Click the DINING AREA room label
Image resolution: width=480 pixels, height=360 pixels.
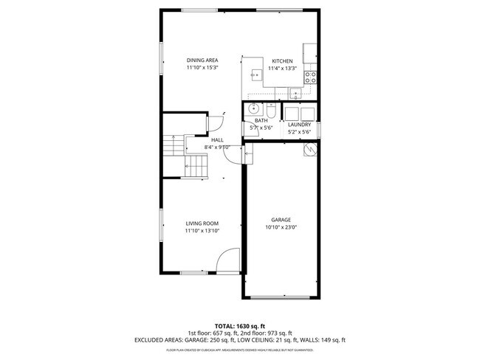click(202, 60)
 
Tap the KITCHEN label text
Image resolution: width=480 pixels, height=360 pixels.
click(282, 61)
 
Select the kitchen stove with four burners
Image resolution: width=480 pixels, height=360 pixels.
click(312, 75)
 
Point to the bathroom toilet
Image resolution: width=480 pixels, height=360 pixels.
click(270, 111)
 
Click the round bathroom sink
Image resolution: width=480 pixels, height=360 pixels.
click(253, 111)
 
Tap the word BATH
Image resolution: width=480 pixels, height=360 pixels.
click(261, 120)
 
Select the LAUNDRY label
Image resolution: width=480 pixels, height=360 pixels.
click(299, 125)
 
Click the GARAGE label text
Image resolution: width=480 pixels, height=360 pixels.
click(281, 220)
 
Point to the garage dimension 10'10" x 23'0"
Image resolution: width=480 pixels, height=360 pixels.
click(281, 227)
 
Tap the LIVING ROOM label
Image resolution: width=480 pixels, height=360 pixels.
click(202, 224)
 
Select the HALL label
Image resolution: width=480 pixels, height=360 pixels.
click(217, 139)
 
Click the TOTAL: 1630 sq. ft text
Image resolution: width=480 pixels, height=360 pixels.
click(239, 325)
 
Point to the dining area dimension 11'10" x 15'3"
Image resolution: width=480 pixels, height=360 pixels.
click(202, 68)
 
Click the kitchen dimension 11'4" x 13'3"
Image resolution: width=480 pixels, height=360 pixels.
click(282, 69)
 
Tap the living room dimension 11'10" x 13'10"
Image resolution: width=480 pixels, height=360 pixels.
click(202, 231)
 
